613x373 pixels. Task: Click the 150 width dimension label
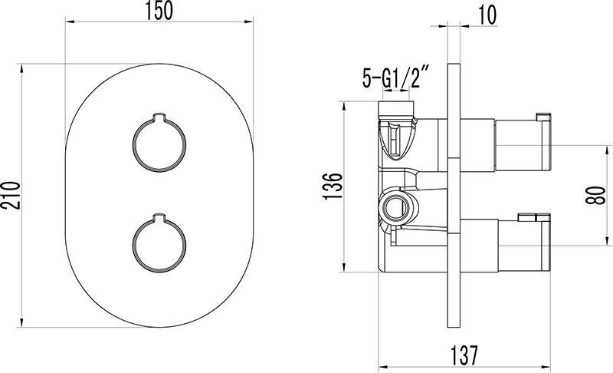point(159,11)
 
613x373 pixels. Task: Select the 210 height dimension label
point(11,196)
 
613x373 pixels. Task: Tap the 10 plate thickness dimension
point(487,15)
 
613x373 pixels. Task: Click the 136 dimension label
point(333,186)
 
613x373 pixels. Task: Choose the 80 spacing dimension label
point(595,195)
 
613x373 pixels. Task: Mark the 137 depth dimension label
point(464,355)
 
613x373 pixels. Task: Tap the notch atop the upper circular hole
point(159,117)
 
